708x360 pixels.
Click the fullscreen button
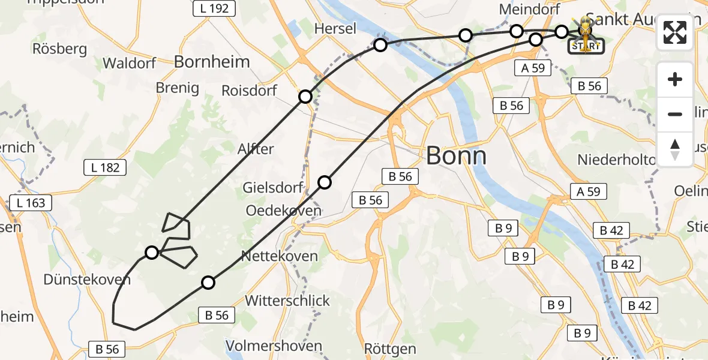click(x=675, y=32)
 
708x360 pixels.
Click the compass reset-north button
click(x=675, y=149)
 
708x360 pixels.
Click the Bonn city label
click(x=456, y=157)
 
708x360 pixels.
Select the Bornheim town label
click(x=212, y=61)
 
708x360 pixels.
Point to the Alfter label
click(x=256, y=149)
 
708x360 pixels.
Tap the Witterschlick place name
click(x=288, y=300)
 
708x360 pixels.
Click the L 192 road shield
click(x=214, y=8)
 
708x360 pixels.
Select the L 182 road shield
click(x=105, y=167)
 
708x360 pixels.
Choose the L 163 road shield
click(x=31, y=203)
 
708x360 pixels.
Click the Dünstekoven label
click(x=87, y=279)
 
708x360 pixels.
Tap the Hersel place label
click(x=335, y=28)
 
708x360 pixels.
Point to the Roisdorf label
click(x=249, y=91)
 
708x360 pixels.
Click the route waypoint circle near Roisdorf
click(x=305, y=97)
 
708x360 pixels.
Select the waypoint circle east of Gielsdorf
click(x=325, y=182)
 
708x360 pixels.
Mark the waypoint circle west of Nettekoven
click(x=208, y=283)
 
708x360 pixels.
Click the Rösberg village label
click(x=60, y=49)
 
